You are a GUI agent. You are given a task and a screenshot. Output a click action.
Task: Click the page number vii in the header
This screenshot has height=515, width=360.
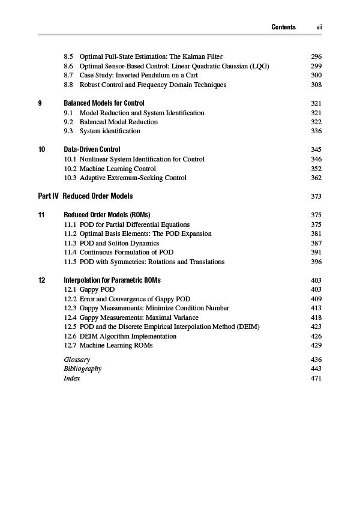coord(320,27)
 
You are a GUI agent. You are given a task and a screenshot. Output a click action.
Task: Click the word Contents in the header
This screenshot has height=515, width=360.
coord(283,27)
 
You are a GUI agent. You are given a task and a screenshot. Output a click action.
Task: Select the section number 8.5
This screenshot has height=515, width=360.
coord(68,56)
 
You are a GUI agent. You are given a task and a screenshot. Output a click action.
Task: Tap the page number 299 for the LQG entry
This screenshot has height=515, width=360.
coord(316,66)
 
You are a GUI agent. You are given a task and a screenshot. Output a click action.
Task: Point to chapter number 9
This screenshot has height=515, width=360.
coord(40,103)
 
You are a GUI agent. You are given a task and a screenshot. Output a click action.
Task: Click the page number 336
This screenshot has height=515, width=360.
coord(316,131)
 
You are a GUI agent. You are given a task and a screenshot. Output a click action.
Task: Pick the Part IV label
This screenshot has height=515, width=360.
coord(47,196)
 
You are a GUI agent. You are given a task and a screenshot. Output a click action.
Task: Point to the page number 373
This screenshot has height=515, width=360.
coord(316,196)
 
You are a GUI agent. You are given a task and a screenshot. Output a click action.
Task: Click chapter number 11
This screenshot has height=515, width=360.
coord(41,215)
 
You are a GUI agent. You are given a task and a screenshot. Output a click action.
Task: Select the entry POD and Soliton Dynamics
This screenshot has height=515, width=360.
coord(119,243)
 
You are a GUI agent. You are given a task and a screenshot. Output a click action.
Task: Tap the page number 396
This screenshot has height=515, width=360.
coord(316,262)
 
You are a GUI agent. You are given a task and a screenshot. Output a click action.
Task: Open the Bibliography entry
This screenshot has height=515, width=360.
coord(82,369)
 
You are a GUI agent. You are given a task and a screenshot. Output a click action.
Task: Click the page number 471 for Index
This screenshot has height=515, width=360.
coord(316,378)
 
